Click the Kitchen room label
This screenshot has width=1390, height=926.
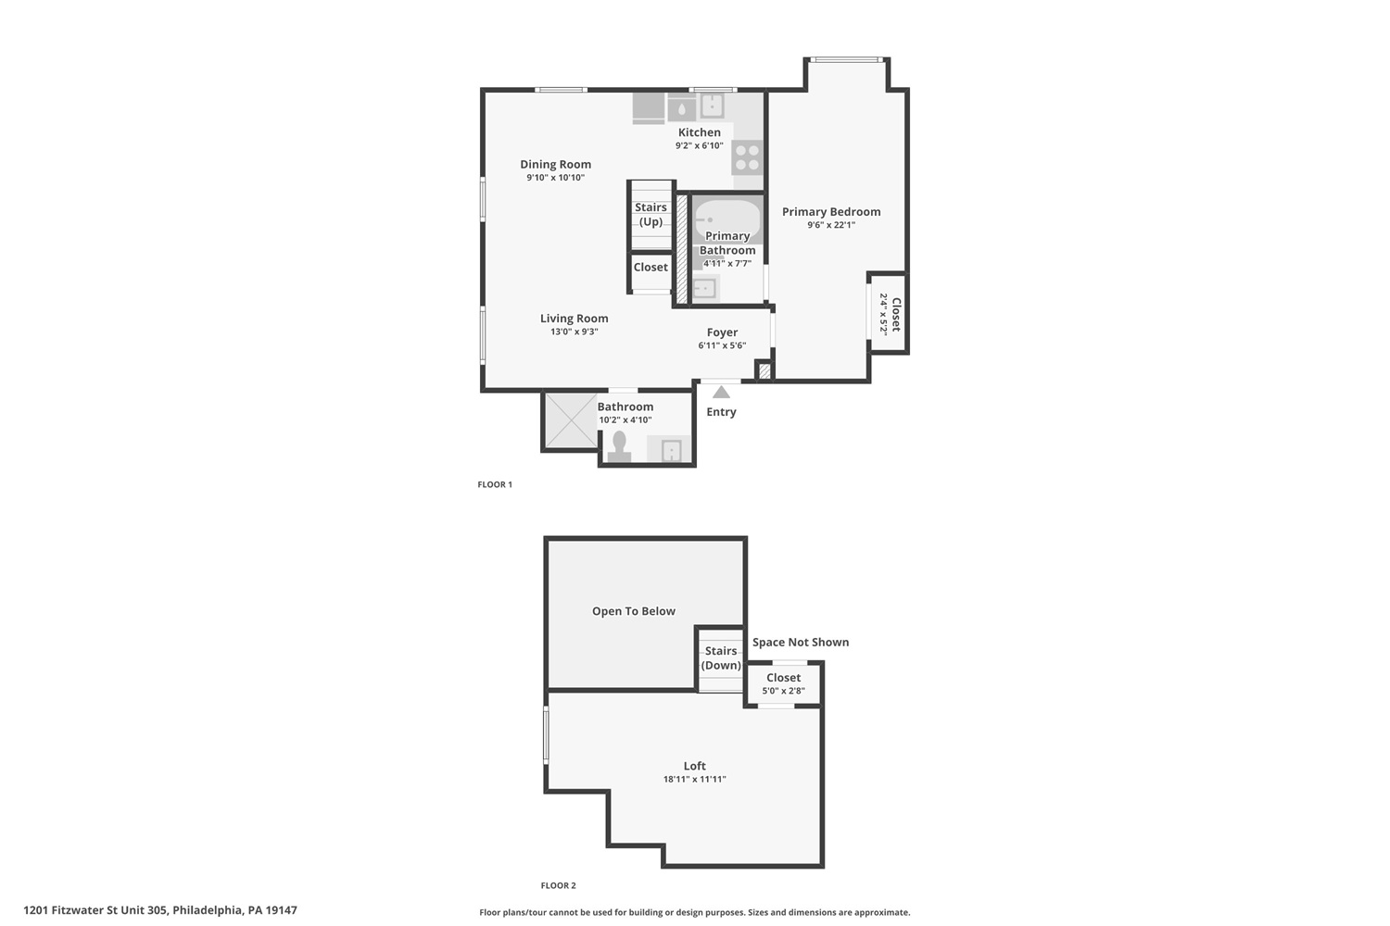(x=700, y=132)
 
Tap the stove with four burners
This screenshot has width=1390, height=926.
(x=747, y=156)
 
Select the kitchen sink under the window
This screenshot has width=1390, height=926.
(x=713, y=106)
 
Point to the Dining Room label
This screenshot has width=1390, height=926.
(x=555, y=164)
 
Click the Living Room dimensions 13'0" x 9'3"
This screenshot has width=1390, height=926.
(x=574, y=332)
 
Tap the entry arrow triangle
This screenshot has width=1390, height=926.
(x=721, y=392)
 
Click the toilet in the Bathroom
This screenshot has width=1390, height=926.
(x=619, y=447)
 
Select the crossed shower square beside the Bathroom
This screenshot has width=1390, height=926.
(x=571, y=420)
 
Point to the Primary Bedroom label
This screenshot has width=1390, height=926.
(x=831, y=211)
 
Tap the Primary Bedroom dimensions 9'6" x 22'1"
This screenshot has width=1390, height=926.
(x=831, y=225)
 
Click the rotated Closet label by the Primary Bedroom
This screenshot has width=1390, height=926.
(x=896, y=315)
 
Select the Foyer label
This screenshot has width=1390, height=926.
(x=722, y=332)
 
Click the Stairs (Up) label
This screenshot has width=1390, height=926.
(x=651, y=215)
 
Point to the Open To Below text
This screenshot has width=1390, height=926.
(x=634, y=611)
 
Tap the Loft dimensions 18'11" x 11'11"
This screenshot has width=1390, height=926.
(x=694, y=780)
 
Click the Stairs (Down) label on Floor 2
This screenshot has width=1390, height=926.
(x=721, y=658)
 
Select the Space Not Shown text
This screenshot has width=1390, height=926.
(x=801, y=643)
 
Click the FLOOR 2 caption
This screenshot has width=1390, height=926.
(x=558, y=885)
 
